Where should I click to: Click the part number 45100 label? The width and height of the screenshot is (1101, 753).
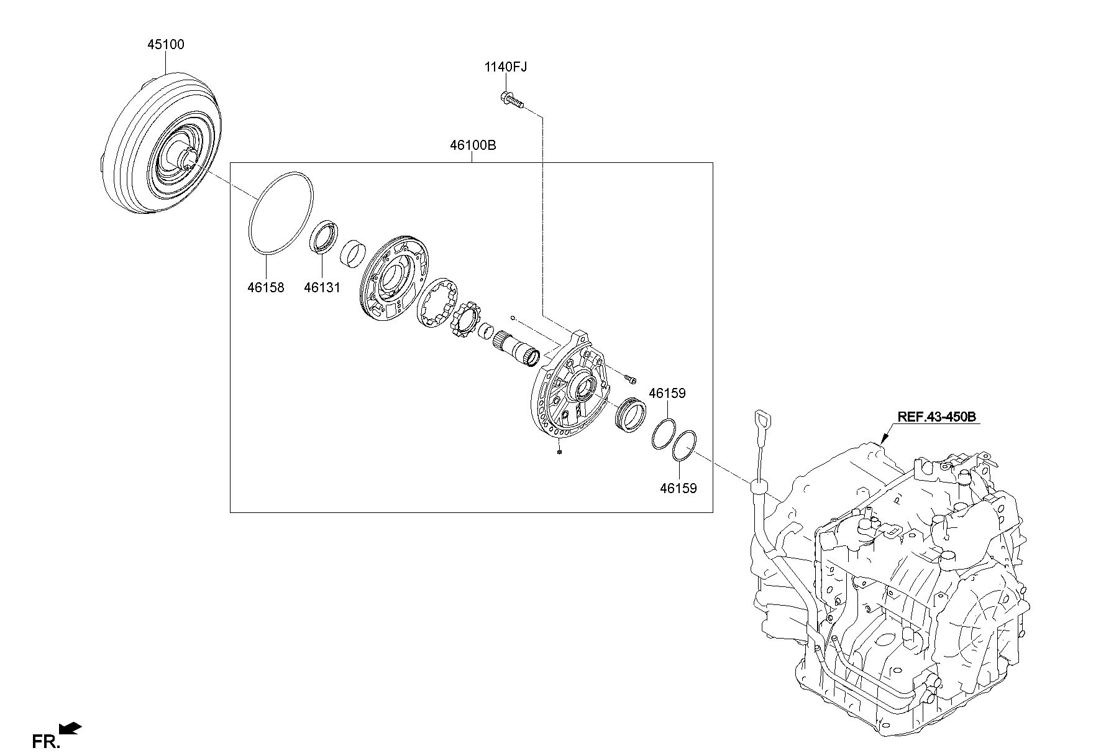click(166, 45)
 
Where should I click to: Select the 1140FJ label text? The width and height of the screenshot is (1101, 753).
click(506, 67)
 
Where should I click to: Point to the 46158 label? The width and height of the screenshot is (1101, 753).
click(265, 288)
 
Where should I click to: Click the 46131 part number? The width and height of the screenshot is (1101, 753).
click(322, 288)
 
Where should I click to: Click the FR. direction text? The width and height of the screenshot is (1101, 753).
click(47, 741)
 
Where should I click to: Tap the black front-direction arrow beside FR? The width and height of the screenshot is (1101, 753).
click(70, 728)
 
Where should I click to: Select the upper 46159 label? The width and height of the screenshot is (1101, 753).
click(667, 394)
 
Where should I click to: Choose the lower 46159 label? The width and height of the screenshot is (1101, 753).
click(678, 489)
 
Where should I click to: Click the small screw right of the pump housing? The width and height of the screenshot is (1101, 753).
click(630, 378)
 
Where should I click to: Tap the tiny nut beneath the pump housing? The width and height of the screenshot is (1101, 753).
click(560, 452)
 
